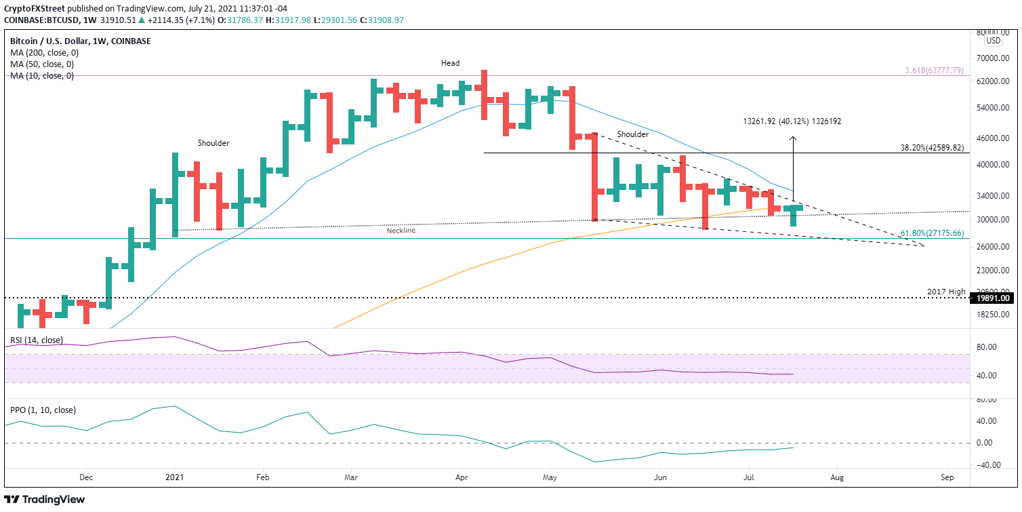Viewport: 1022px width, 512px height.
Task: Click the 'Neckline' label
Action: pyautogui.click(x=401, y=231)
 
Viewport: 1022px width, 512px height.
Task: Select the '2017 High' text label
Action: pyautogui.click(x=946, y=292)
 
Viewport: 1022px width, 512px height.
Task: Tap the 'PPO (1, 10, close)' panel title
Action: pyautogui.click(x=43, y=410)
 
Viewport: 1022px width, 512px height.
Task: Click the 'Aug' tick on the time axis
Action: pyautogui.click(x=837, y=478)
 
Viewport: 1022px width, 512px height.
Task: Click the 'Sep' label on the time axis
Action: pyautogui.click(x=947, y=478)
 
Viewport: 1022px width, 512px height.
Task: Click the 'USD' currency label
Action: pyautogui.click(x=994, y=41)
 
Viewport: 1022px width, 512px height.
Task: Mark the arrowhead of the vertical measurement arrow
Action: pyautogui.click(x=792, y=138)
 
